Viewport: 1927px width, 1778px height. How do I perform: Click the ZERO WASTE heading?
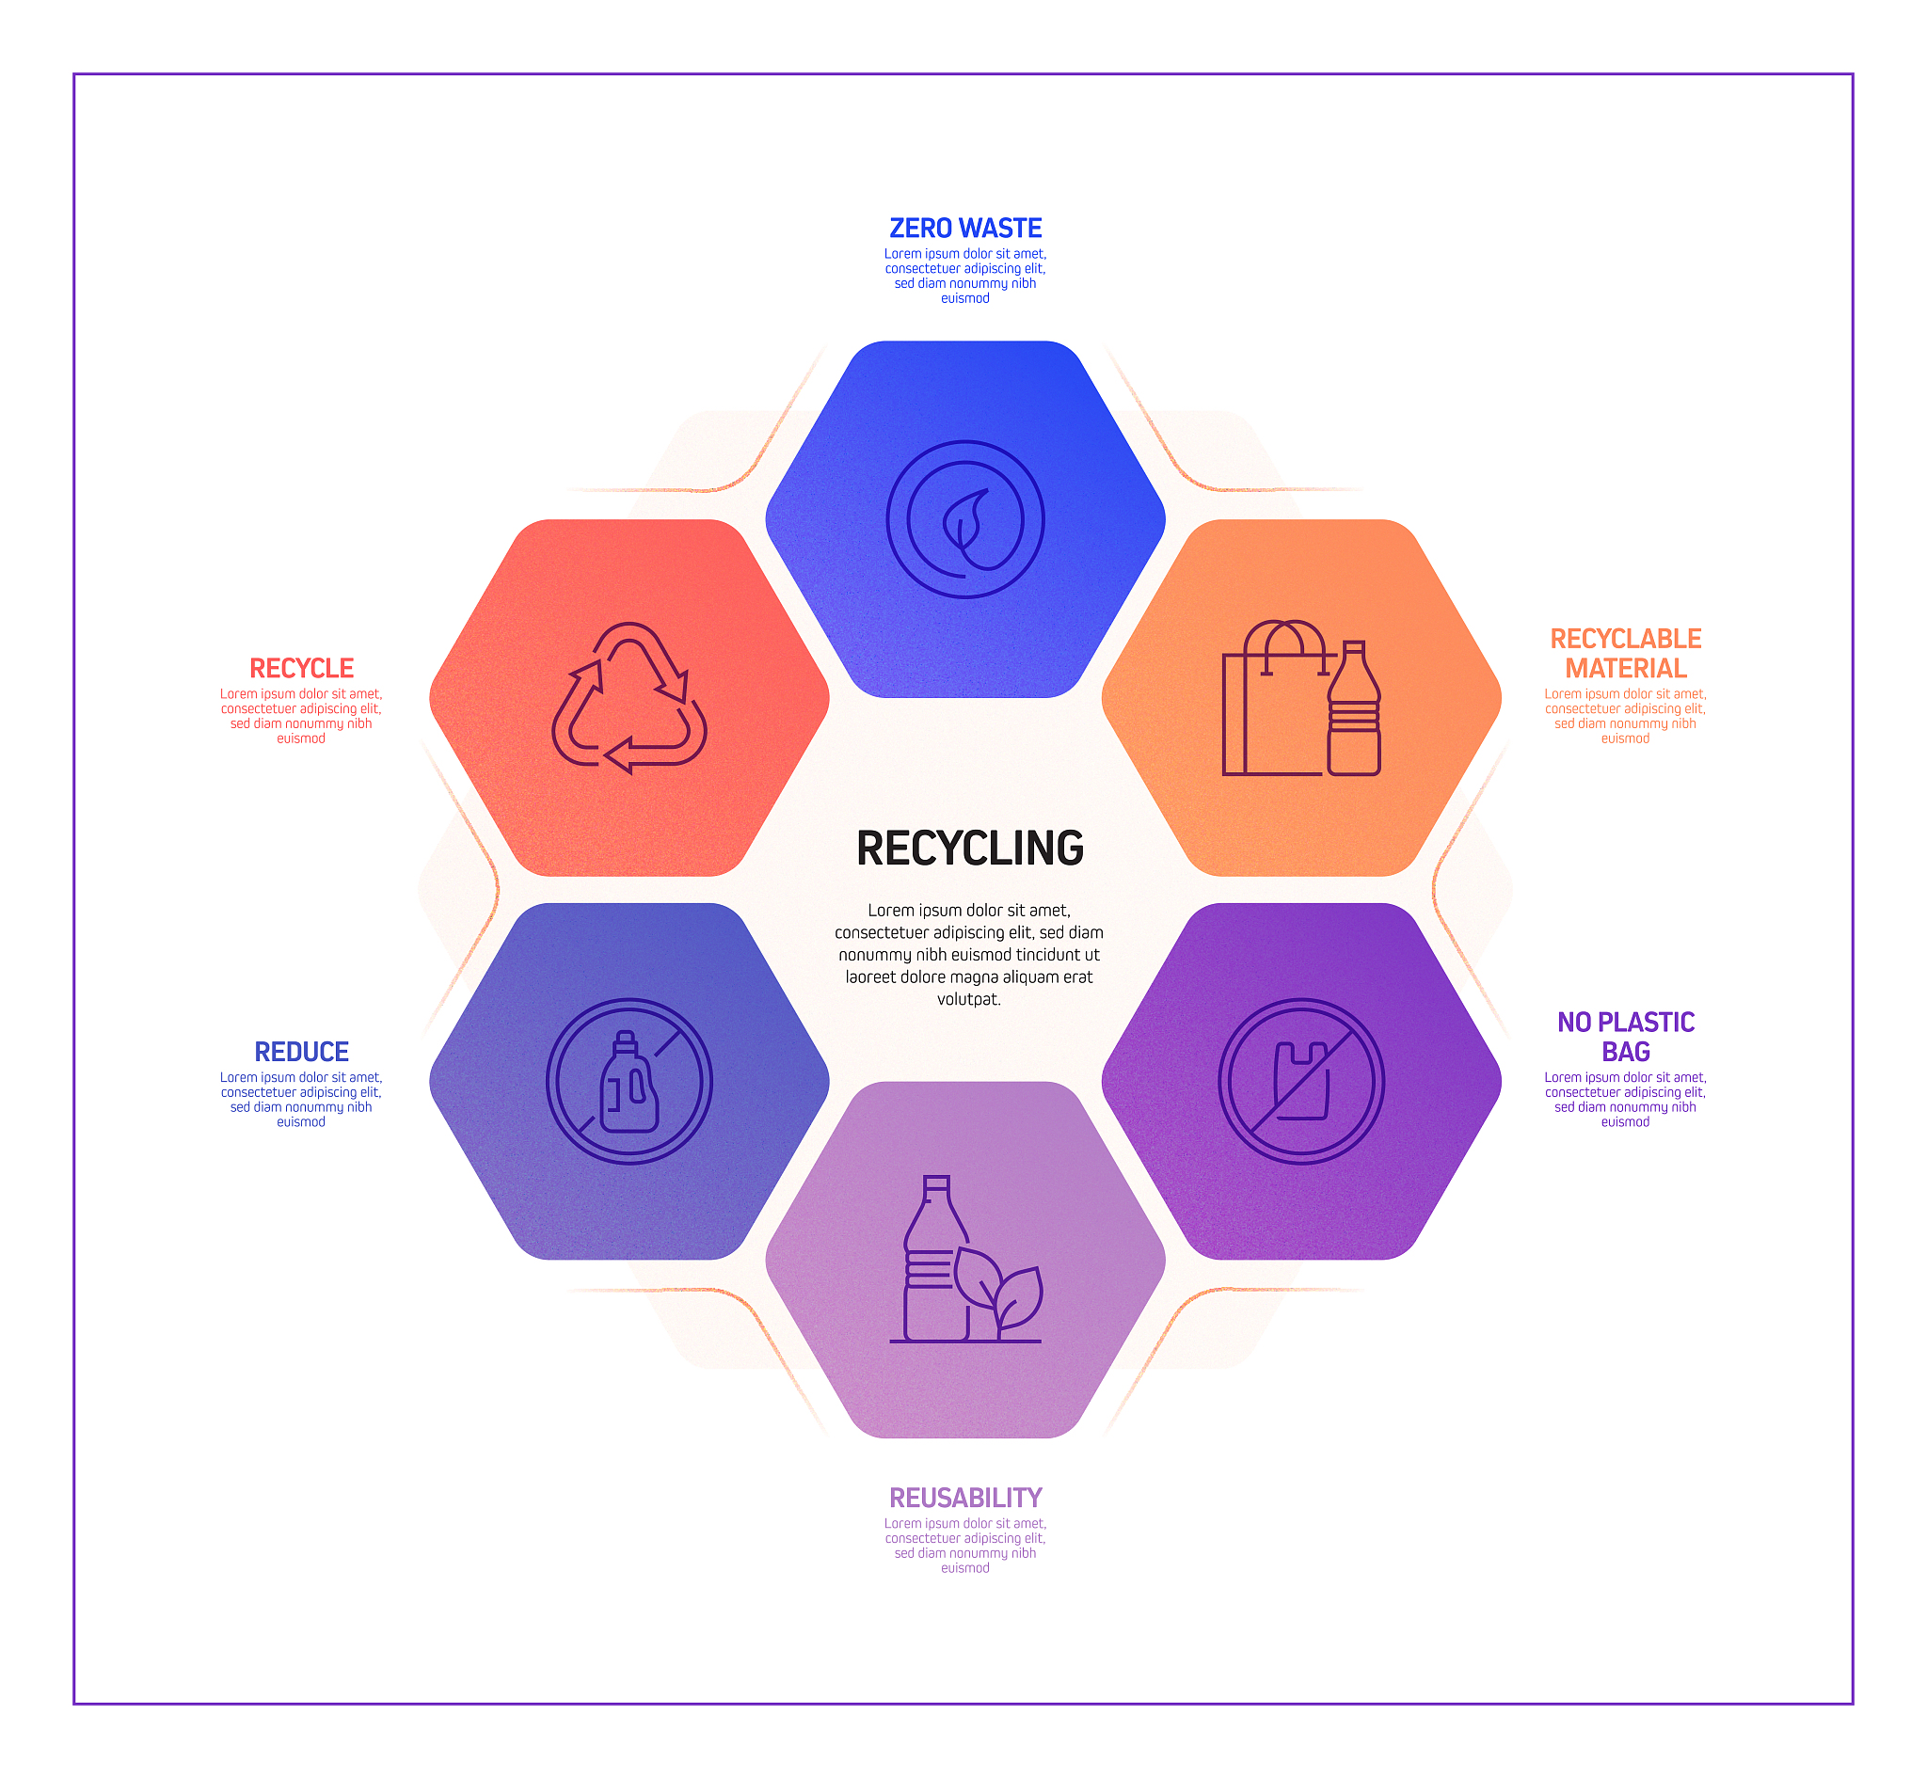point(965,228)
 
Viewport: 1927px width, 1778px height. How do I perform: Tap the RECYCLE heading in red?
point(301,668)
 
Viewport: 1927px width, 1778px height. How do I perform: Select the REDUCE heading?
point(301,1052)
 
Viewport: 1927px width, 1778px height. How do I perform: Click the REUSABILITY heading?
point(965,1498)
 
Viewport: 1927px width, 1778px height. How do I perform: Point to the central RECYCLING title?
point(970,849)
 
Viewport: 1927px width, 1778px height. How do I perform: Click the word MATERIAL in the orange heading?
point(1626,668)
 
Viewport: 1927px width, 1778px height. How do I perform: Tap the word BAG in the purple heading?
point(1626,1052)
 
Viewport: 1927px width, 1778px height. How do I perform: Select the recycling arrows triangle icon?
point(629,697)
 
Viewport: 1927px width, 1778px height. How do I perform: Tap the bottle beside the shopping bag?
point(1354,707)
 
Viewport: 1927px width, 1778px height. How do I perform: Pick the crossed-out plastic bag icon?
point(1300,1081)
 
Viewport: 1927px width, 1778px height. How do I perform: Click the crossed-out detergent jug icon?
point(629,1081)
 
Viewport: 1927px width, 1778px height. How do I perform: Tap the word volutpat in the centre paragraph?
point(969,999)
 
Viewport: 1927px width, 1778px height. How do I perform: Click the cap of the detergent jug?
point(626,1041)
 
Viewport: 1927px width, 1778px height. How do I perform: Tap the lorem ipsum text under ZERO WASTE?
point(965,277)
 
